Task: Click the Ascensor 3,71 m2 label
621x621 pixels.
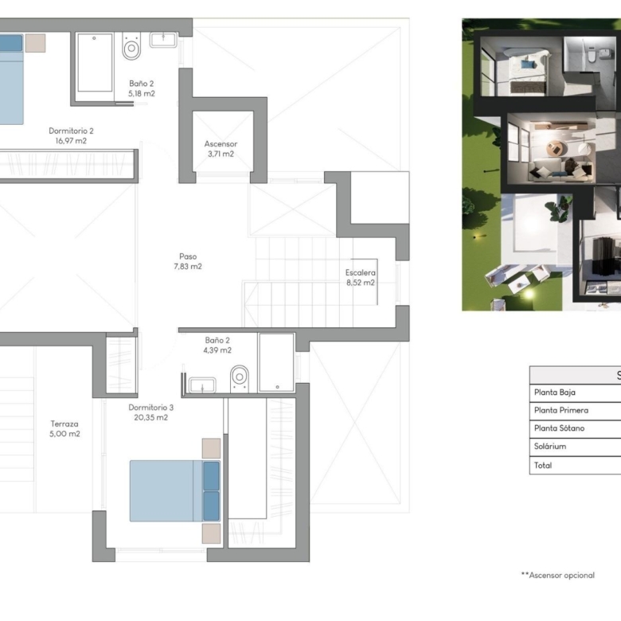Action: pos(221,149)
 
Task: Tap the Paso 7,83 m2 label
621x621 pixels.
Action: pos(188,261)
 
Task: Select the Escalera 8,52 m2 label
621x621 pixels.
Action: pos(361,278)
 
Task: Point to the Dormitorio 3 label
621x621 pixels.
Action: pos(151,407)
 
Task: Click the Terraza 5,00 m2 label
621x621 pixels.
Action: pos(64,429)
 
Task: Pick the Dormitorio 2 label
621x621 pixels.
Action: pos(71,131)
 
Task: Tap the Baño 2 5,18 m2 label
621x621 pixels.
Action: pos(142,88)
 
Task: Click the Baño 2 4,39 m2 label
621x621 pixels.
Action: pos(217,345)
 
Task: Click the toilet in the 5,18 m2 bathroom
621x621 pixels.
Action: pos(131,46)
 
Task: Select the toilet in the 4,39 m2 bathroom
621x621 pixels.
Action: pos(240,379)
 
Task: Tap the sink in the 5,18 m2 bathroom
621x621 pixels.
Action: pos(163,40)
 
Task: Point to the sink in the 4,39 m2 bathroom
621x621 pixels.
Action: pos(202,385)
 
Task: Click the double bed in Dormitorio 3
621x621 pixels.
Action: pos(174,490)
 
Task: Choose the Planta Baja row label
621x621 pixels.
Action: pos(554,393)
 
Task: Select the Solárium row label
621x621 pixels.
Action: pos(549,447)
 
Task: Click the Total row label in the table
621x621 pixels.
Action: pos(543,466)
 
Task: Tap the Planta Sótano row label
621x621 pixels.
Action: pos(559,428)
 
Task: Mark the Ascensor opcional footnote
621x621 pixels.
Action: pos(557,575)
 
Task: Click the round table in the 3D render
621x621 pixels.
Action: pos(554,150)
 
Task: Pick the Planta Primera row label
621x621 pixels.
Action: pos(560,410)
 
